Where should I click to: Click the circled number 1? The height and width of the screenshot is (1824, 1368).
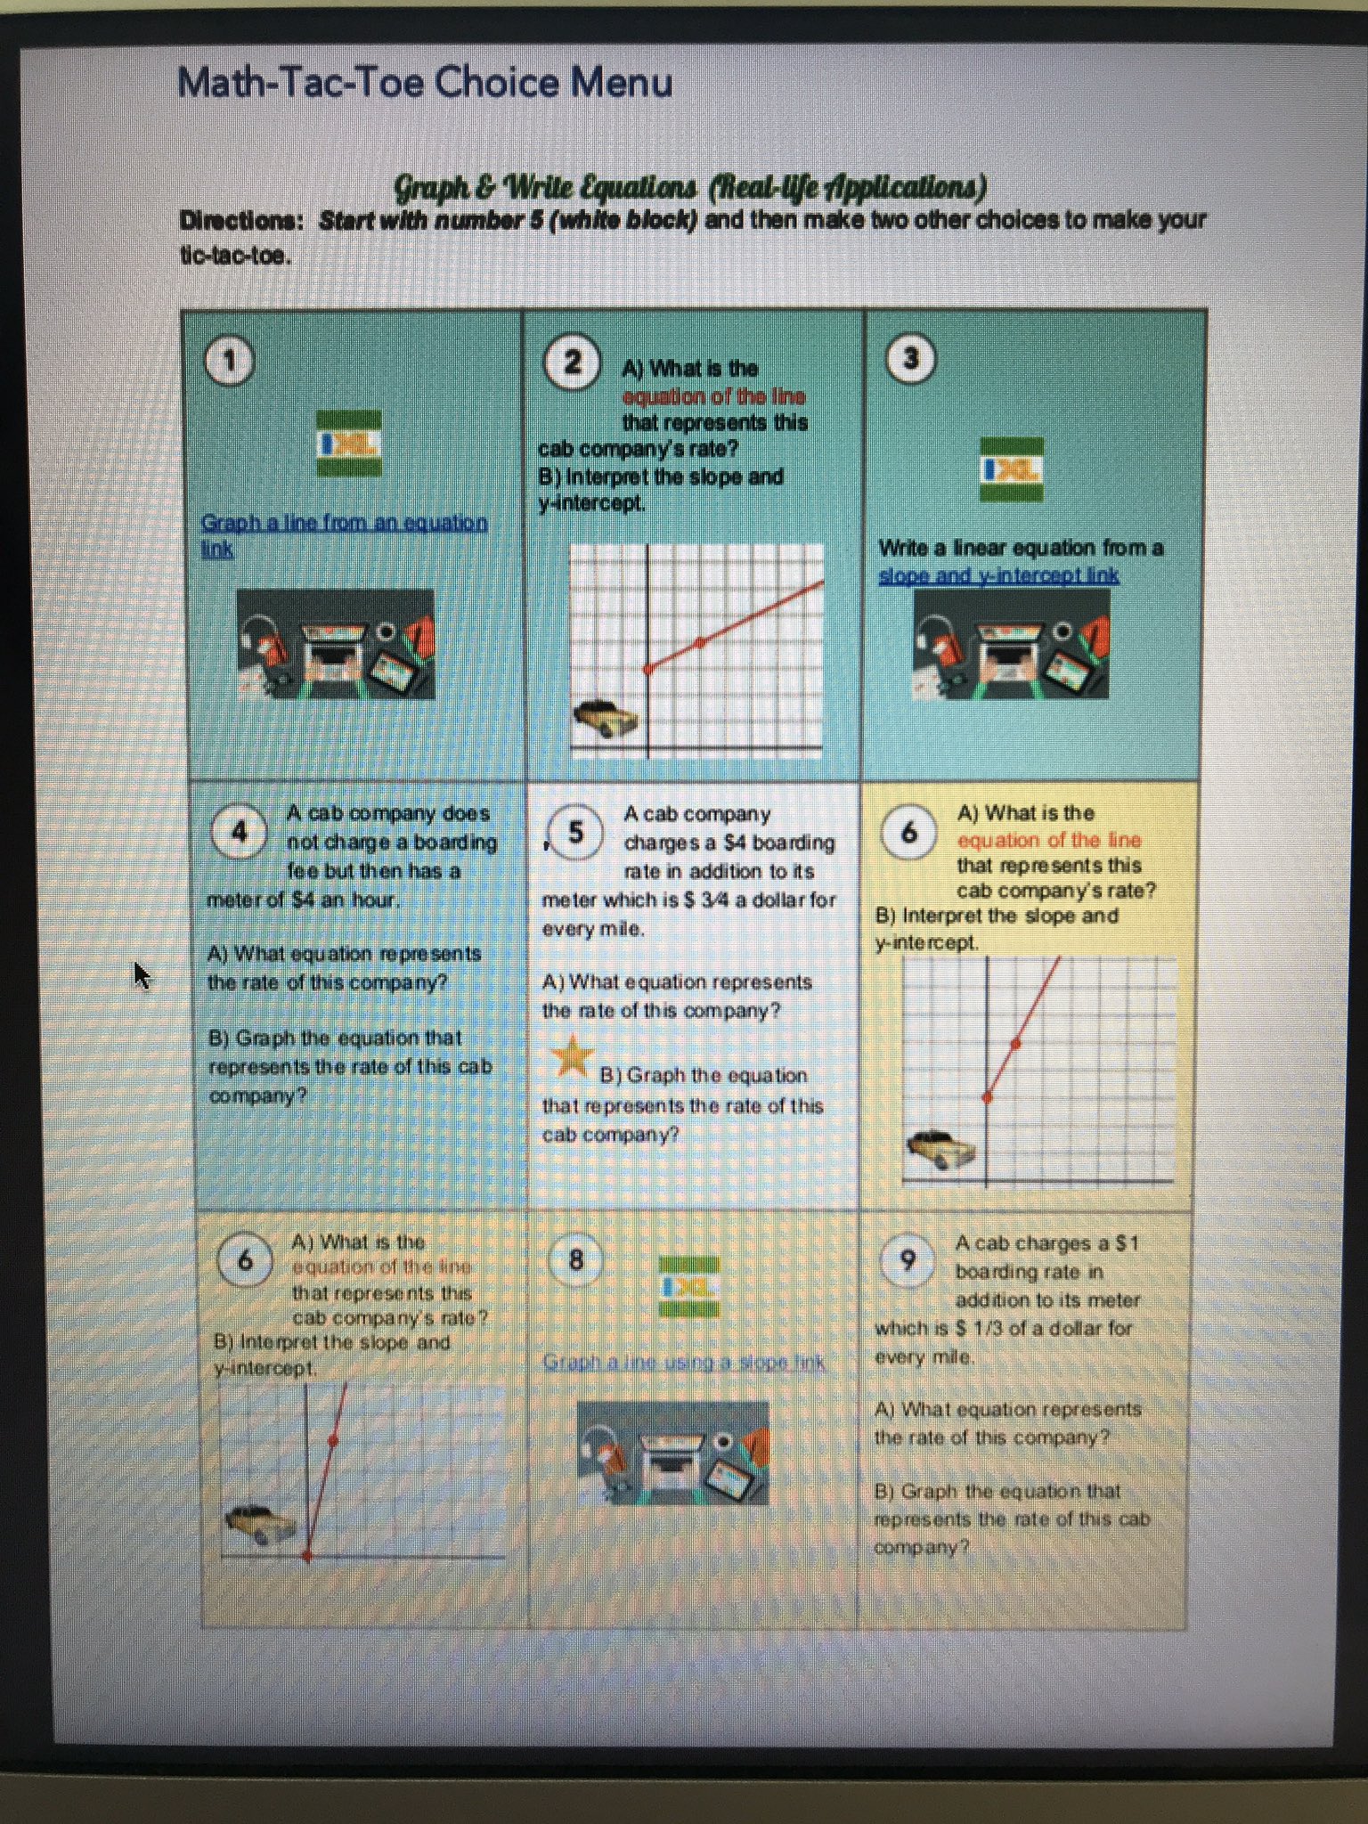click(230, 361)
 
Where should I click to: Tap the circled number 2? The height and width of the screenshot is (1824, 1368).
click(572, 362)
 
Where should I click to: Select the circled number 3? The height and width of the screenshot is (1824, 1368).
click(910, 358)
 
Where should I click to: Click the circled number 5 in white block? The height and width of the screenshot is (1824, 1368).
click(575, 833)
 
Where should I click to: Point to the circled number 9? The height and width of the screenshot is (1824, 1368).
click(907, 1259)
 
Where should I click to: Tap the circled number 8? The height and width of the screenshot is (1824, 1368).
click(575, 1259)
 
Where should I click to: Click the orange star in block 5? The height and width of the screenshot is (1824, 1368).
click(572, 1056)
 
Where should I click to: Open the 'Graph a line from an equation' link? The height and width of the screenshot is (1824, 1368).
click(344, 523)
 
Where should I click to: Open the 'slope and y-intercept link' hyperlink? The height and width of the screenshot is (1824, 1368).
click(998, 575)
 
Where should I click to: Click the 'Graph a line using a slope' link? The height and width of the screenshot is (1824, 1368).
click(684, 1362)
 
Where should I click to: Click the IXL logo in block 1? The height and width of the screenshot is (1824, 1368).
click(350, 443)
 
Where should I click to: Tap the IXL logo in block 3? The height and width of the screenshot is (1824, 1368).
click(1011, 469)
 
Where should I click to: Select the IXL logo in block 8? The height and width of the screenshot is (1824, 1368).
click(688, 1286)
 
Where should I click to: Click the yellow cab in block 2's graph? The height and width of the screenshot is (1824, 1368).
click(605, 718)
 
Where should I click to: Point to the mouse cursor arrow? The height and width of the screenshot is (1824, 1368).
click(142, 974)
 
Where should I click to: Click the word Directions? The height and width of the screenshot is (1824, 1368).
click(241, 220)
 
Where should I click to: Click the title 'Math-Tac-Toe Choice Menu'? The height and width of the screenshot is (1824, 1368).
click(425, 83)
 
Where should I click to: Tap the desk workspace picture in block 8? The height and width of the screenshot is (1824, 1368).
click(672, 1452)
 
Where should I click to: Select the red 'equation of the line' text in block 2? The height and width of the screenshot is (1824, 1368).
click(713, 395)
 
